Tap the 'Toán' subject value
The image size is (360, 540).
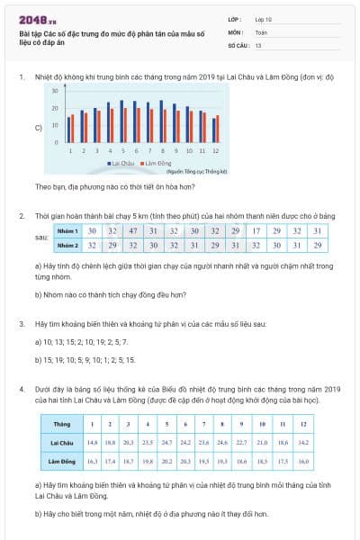click(262, 31)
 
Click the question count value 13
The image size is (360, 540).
click(259, 43)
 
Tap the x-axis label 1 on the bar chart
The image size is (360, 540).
click(70, 151)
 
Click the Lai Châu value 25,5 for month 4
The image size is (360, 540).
click(147, 442)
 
